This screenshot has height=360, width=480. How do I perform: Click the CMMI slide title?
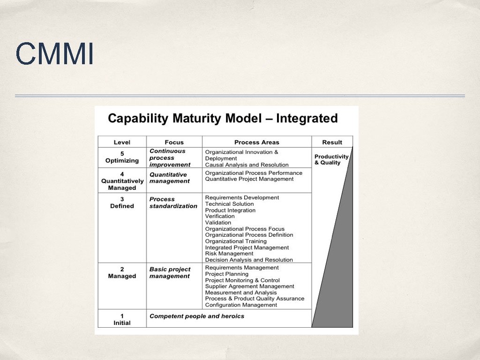[54, 53]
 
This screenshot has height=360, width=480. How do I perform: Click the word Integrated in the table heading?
[307, 118]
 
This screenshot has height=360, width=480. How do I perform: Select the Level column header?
[122, 142]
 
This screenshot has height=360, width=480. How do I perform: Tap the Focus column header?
[174, 142]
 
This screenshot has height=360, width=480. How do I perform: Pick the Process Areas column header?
[256, 142]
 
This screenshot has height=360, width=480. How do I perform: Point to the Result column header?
[332, 142]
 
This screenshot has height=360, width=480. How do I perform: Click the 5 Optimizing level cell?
[122, 157]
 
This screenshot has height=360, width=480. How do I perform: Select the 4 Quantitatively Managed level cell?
[122, 180]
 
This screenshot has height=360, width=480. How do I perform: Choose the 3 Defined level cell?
[122, 202]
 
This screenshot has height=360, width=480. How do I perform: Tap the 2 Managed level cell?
[122, 273]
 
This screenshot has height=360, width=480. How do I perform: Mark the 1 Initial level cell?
[122, 319]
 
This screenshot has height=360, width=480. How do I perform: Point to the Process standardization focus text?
[173, 202]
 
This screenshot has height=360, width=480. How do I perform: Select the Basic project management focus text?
[170, 273]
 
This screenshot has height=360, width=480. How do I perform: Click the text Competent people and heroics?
[196, 316]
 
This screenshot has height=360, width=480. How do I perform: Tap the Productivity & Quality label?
[331, 159]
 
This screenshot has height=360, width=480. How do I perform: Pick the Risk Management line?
[229, 254]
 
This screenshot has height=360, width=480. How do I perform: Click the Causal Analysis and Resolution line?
[247, 165]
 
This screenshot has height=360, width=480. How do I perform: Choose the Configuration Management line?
[241, 305]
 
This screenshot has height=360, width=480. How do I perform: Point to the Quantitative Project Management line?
[249, 179]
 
